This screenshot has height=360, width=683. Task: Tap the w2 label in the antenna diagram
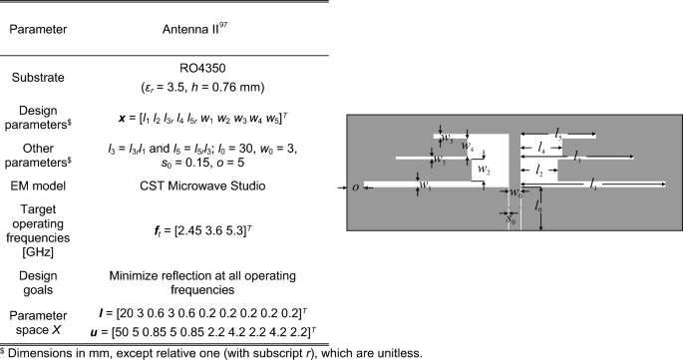484,171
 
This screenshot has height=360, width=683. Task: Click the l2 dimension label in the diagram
538,171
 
